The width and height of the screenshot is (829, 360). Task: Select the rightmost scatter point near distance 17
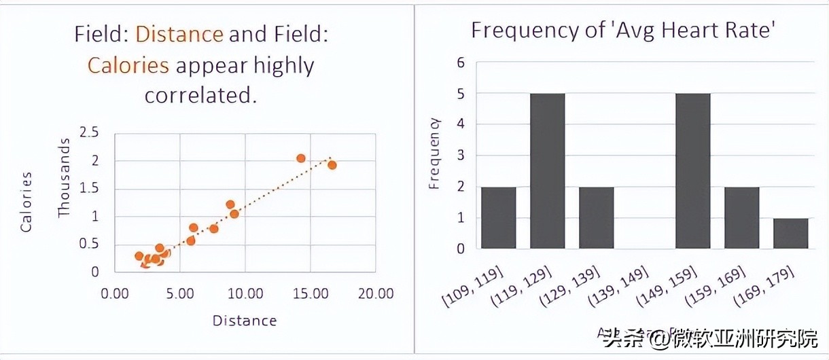[x=332, y=164]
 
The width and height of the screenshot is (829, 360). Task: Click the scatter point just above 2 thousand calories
[x=301, y=158]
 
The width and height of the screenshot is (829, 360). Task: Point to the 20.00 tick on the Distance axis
[x=376, y=293]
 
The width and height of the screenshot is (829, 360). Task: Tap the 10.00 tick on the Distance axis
[x=245, y=293]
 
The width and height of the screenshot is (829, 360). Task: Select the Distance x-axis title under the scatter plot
[x=245, y=321]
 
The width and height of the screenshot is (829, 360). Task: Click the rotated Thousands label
[x=65, y=178]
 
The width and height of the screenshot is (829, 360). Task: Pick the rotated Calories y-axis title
[x=27, y=202]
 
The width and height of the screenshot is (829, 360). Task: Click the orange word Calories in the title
[x=128, y=65]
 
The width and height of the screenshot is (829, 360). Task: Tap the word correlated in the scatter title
[x=201, y=95]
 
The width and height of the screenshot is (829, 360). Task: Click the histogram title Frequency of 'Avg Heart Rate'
[x=622, y=30]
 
